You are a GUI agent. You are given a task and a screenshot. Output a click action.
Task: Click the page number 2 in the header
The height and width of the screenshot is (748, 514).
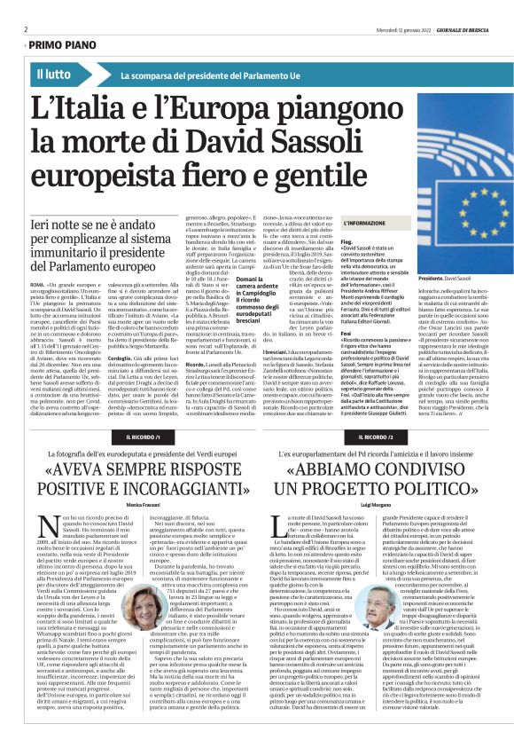point(26,28)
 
